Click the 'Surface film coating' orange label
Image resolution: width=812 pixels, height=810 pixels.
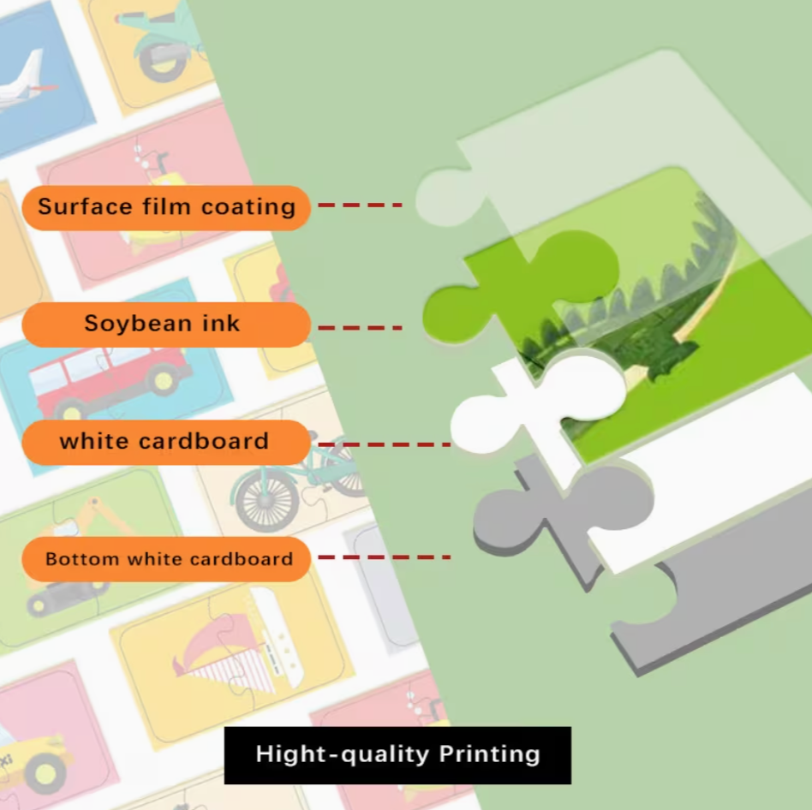click(x=166, y=207)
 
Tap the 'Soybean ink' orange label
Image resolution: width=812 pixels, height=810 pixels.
click(x=166, y=325)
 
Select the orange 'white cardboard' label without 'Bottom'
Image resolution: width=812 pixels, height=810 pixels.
click(x=166, y=442)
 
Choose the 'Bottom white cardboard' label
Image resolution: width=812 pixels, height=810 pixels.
click(x=166, y=559)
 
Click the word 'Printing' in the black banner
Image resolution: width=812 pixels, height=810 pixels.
click(x=489, y=754)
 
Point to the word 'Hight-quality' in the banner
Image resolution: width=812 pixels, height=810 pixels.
click(x=343, y=754)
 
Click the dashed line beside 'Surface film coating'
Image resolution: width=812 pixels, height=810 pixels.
click(x=360, y=205)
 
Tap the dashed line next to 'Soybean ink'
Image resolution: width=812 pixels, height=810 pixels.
click(x=360, y=328)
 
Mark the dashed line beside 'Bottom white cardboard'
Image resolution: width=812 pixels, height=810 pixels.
click(x=385, y=557)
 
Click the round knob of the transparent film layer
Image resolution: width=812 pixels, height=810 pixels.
click(x=445, y=197)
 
